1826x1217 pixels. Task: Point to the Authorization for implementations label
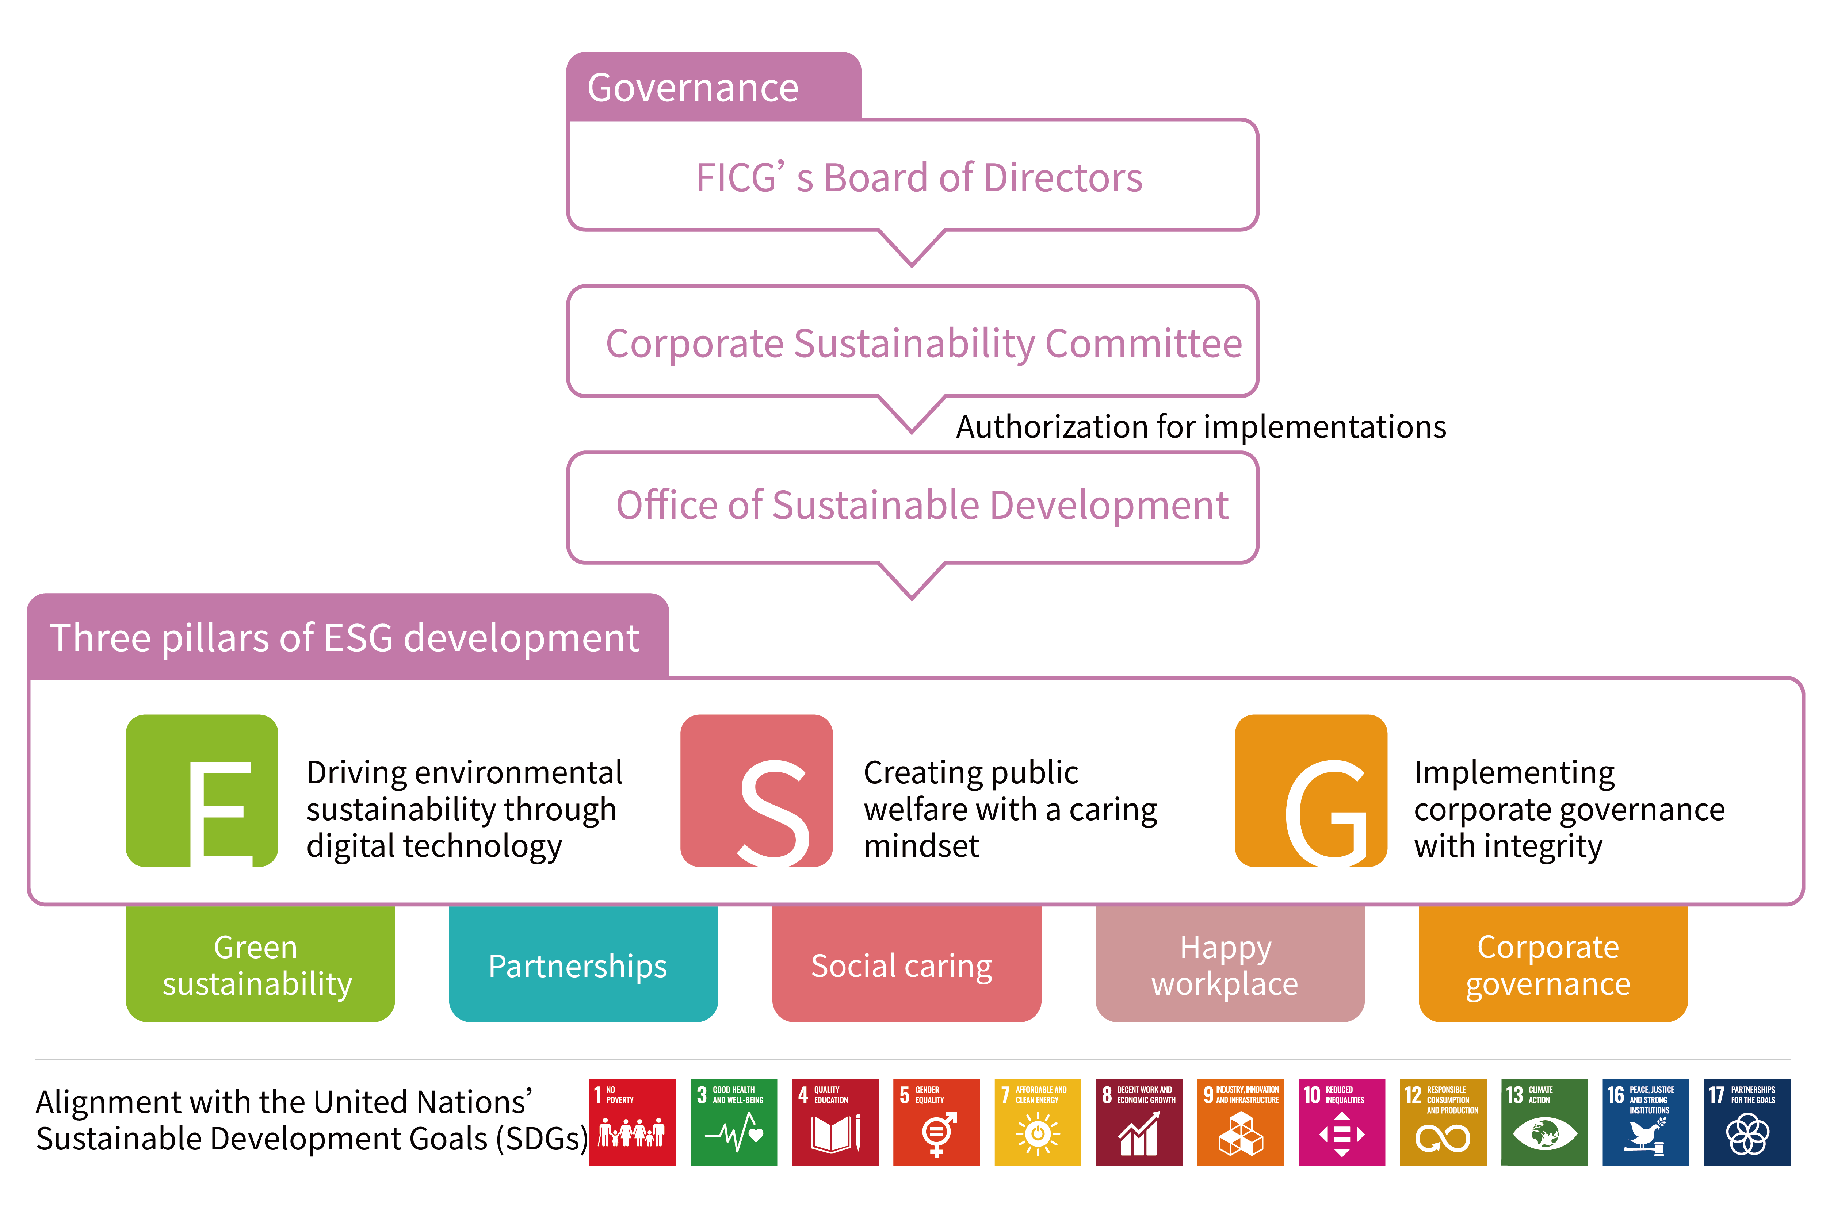tap(1200, 427)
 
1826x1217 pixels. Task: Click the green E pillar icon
tap(202, 790)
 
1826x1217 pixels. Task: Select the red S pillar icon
tap(756, 790)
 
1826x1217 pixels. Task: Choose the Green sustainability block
tap(260, 965)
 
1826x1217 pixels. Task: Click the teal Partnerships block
tap(583, 965)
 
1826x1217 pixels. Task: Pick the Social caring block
tap(906, 965)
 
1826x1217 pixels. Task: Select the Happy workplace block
tap(1230, 965)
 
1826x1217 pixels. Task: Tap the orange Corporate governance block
tap(1553, 965)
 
